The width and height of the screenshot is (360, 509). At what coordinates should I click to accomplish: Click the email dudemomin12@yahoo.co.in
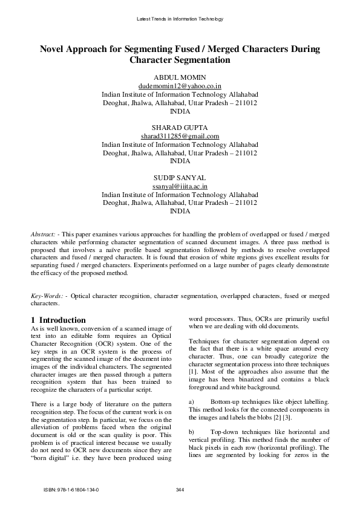(180, 86)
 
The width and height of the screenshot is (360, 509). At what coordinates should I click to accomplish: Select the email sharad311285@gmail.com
(180, 137)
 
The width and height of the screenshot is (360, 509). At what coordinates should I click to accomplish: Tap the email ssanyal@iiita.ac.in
(180, 187)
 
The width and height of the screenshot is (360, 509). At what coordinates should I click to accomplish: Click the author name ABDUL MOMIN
(180, 78)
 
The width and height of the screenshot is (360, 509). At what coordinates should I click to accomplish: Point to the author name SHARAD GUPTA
(180, 128)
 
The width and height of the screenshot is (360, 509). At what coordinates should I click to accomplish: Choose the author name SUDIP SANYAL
(180, 178)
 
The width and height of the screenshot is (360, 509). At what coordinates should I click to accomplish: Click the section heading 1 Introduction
(58, 320)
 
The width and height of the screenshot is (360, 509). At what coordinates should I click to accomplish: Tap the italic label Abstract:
(44, 233)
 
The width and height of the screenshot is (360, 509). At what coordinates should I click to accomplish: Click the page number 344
(180, 488)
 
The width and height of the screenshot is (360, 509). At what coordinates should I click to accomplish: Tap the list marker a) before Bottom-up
(192, 402)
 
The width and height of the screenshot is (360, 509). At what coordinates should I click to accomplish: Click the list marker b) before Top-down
(192, 432)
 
